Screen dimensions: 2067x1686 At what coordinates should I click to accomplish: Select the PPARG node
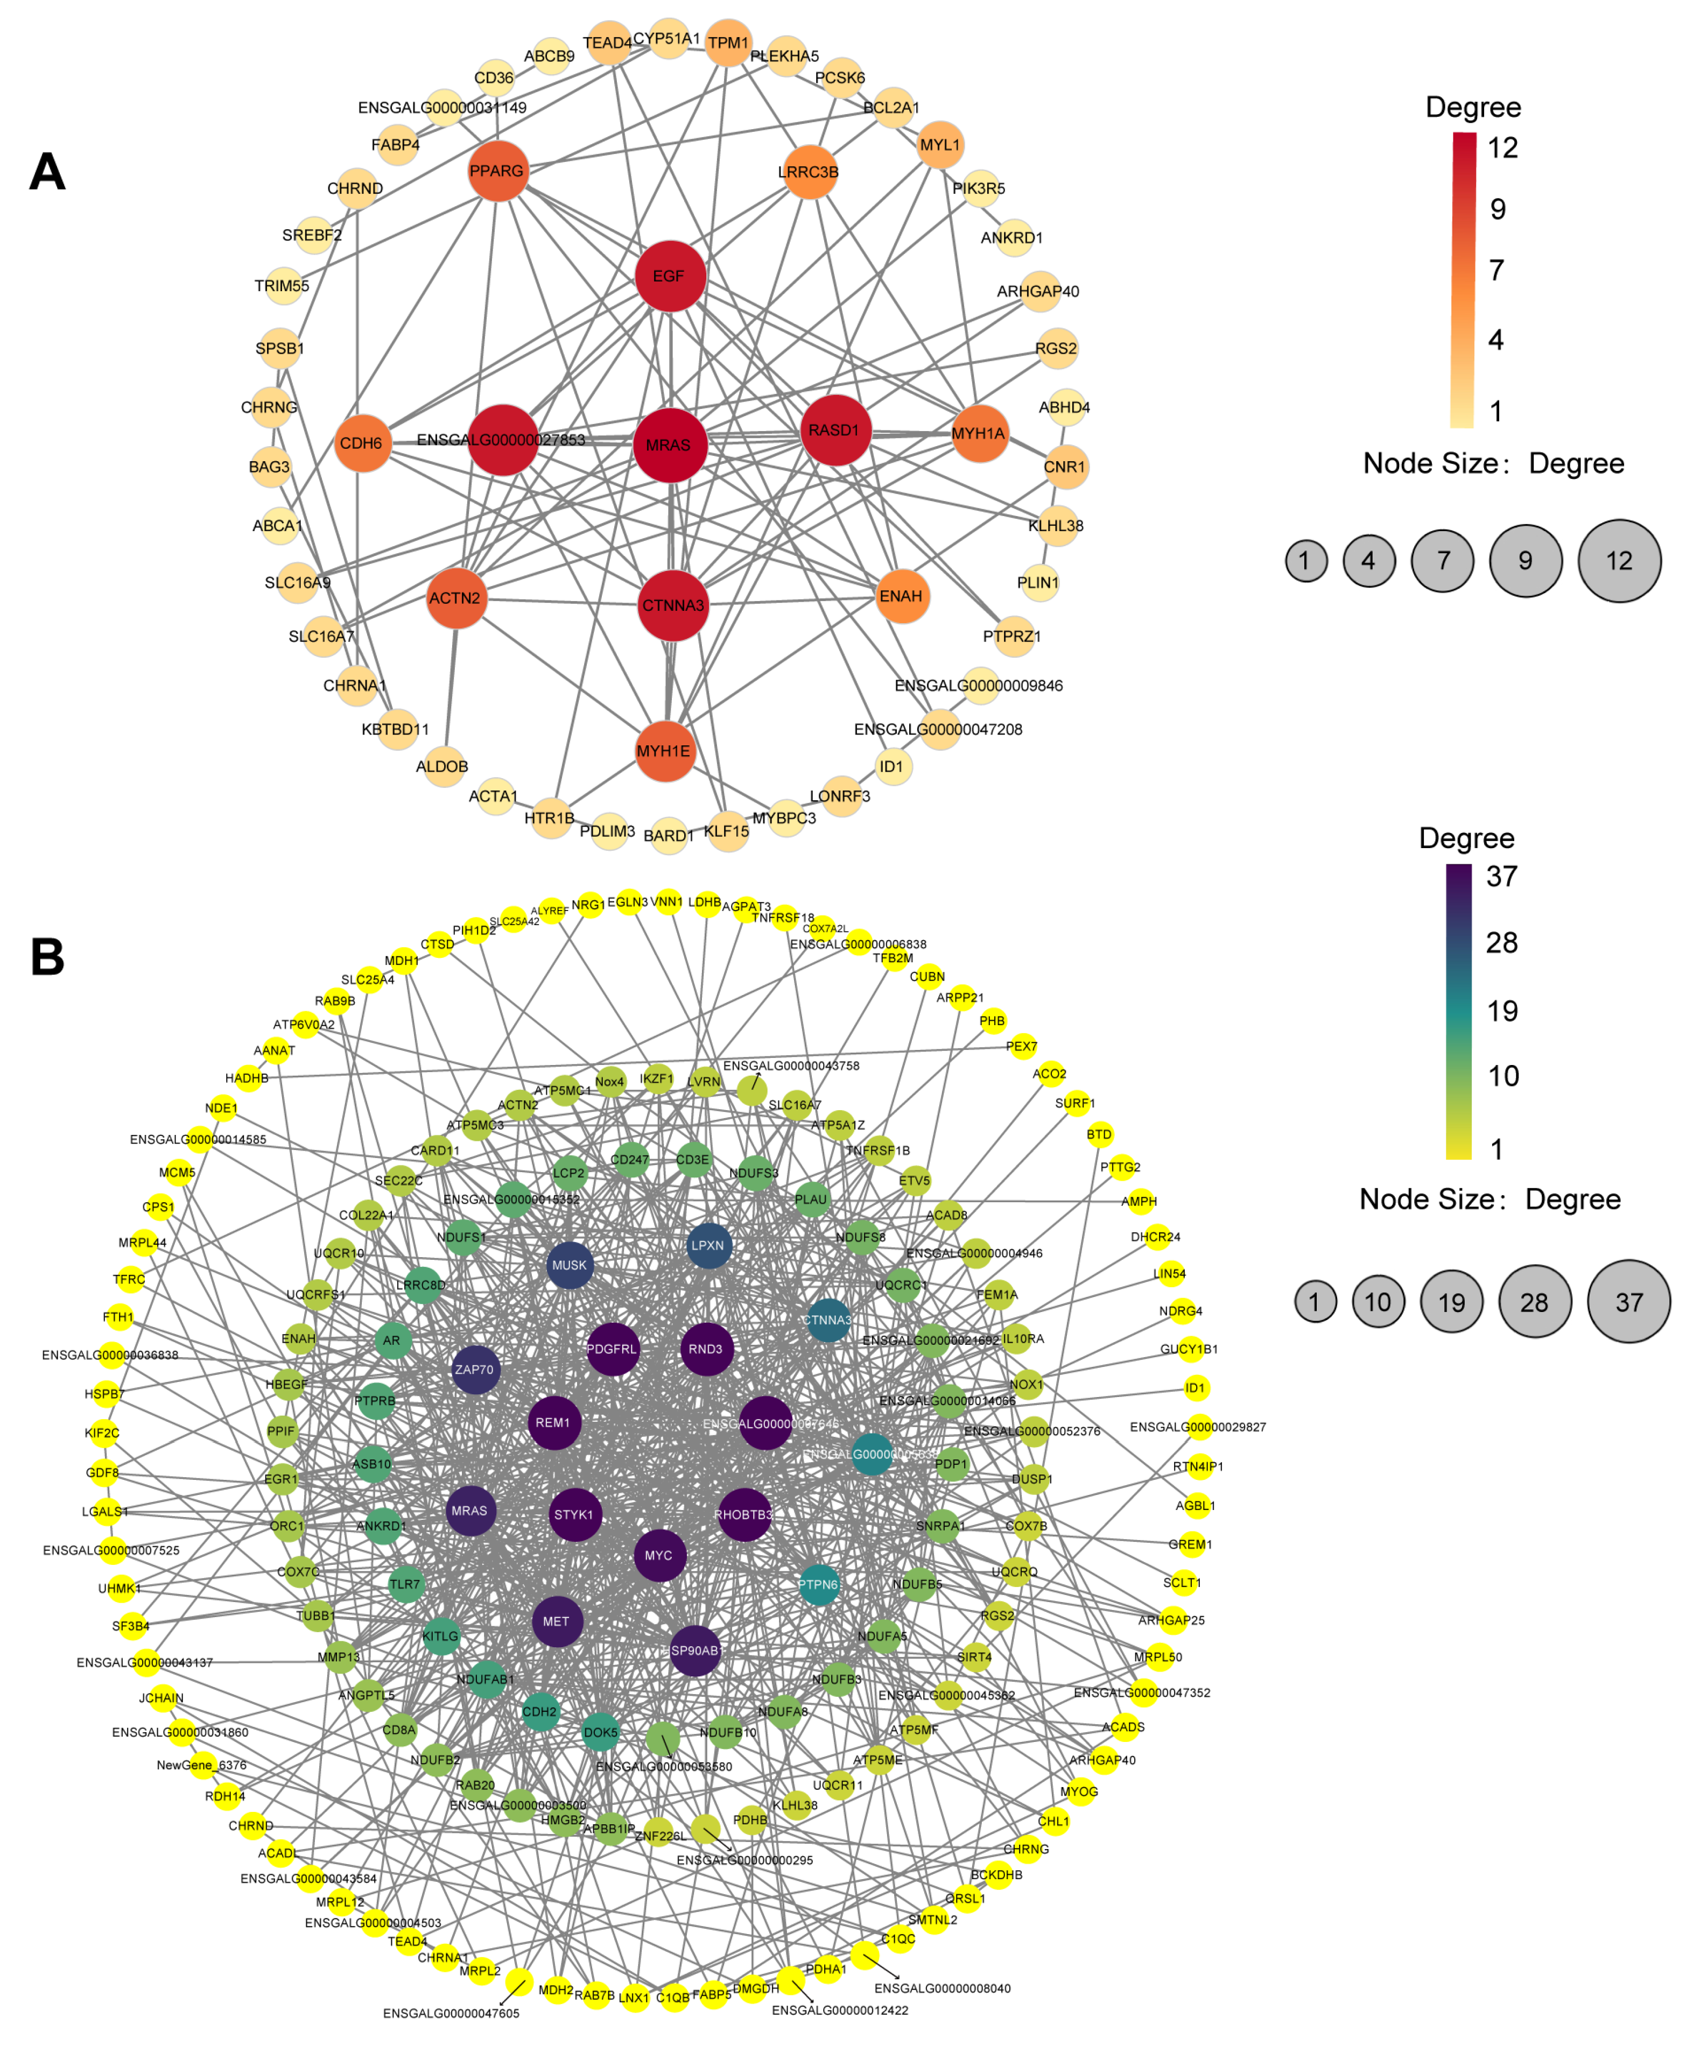(x=497, y=172)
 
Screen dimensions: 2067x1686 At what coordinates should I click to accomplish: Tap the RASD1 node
(x=834, y=430)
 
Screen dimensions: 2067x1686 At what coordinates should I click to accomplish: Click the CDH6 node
(x=361, y=443)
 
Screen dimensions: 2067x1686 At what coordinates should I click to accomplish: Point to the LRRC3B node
(x=809, y=172)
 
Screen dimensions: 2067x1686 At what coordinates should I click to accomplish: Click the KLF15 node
(x=727, y=831)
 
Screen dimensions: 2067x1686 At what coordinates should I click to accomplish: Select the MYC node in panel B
(x=658, y=1555)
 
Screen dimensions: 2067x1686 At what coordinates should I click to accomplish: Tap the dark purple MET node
(x=557, y=1621)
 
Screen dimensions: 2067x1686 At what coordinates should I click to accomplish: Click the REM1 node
(x=553, y=1422)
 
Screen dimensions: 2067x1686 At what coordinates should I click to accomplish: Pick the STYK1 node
(x=574, y=1514)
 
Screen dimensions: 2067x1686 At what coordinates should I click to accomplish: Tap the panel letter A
(x=47, y=173)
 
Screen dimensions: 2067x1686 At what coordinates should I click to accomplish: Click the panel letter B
(x=47, y=957)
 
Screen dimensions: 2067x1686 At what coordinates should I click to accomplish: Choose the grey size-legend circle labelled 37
(x=1629, y=1302)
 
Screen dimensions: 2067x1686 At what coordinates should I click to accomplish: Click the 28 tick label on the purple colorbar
(x=1501, y=943)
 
